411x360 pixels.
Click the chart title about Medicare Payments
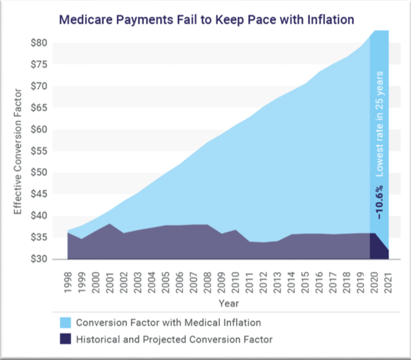pyautogui.click(x=207, y=20)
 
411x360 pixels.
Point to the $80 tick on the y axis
pyautogui.click(x=39, y=43)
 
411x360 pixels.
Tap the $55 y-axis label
pyautogui.click(x=39, y=151)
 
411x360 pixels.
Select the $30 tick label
pyautogui.click(x=39, y=260)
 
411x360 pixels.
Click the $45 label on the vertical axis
pyautogui.click(x=39, y=195)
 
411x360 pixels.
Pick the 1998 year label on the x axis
pyautogui.click(x=68, y=282)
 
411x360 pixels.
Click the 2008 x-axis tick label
pyautogui.click(x=208, y=282)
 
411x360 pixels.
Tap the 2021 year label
pyautogui.click(x=388, y=282)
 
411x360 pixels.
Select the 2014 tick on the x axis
pyautogui.click(x=291, y=282)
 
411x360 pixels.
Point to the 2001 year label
pyautogui.click(x=110, y=282)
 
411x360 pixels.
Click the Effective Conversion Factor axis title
pyautogui.click(x=18, y=152)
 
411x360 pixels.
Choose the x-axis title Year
pyautogui.click(x=229, y=303)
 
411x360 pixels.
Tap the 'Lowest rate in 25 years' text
pyautogui.click(x=380, y=124)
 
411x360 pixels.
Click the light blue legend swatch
pyautogui.click(x=65, y=323)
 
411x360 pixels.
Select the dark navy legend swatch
pyautogui.click(x=65, y=339)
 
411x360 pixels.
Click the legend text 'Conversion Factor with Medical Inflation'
pyautogui.click(x=168, y=323)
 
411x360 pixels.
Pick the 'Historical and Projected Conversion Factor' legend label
pyautogui.click(x=174, y=339)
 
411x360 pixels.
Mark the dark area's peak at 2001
pyautogui.click(x=110, y=224)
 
